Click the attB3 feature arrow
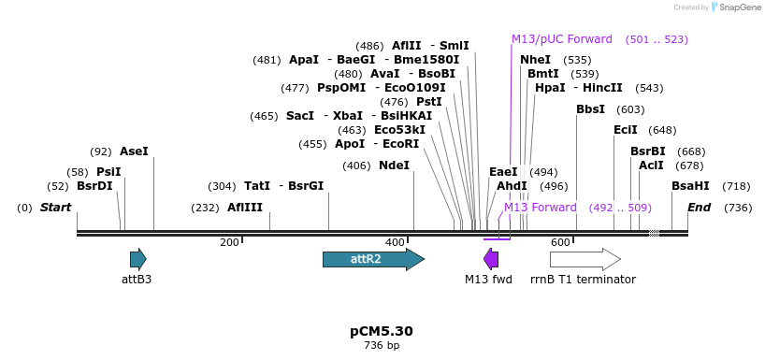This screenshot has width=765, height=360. pyautogui.click(x=138, y=259)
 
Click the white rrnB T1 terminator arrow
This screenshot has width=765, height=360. pyautogui.click(x=585, y=259)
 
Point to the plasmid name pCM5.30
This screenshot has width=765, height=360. pyautogui.click(x=382, y=331)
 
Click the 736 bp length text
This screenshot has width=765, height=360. pyautogui.click(x=382, y=346)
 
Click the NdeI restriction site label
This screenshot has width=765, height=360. pyautogui.click(x=394, y=166)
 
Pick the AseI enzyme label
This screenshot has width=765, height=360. pyautogui.click(x=134, y=151)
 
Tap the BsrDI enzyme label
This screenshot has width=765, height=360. pyautogui.click(x=94, y=186)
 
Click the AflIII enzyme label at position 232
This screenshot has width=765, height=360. pyautogui.click(x=245, y=208)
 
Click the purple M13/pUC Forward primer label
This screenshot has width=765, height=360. pyautogui.click(x=561, y=39)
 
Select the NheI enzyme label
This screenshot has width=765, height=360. pyautogui.click(x=535, y=60)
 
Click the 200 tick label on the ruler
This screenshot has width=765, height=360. pyautogui.click(x=229, y=243)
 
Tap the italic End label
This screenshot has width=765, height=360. pyautogui.click(x=699, y=208)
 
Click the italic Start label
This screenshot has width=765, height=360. pyautogui.click(x=55, y=208)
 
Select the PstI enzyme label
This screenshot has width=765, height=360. pyautogui.click(x=429, y=102)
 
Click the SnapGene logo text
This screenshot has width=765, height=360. pyautogui.click(x=739, y=7)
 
